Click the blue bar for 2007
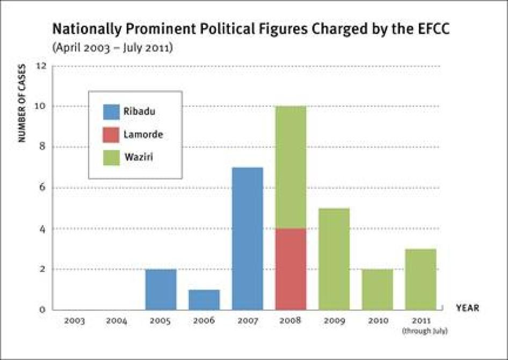click(x=248, y=239)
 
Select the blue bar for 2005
click(x=161, y=289)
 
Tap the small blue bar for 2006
click(x=204, y=299)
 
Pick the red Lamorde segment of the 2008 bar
click(x=291, y=269)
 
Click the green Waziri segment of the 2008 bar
click(x=291, y=167)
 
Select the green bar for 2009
click(x=333, y=259)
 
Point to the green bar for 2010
click(x=377, y=289)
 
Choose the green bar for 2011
click(x=420, y=279)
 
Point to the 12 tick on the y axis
click(x=41, y=66)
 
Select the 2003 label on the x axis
click(x=74, y=321)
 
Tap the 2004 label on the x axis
click(x=117, y=321)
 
